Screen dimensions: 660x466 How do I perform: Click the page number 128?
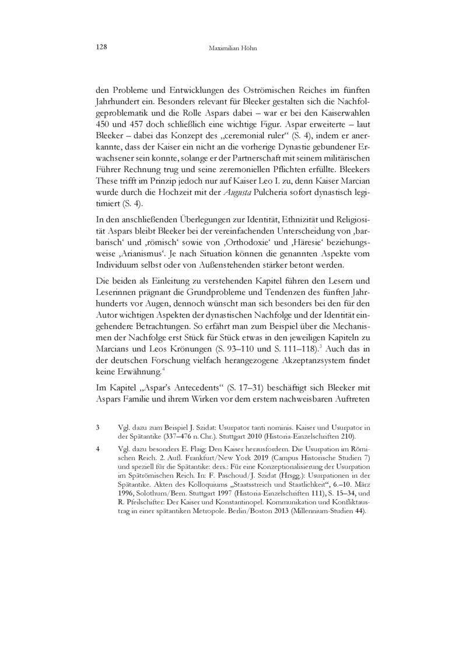point(100,47)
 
